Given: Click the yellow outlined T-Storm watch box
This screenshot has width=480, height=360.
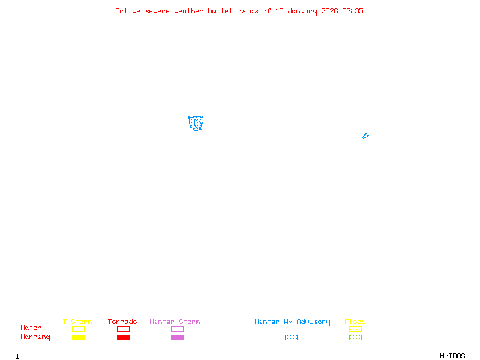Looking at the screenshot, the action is point(78,329).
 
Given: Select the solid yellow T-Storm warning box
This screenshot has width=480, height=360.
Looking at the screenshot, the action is point(78,337).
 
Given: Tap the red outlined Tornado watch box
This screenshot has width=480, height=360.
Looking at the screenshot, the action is point(123,329).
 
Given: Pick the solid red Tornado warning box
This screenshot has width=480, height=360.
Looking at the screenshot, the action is point(123,337).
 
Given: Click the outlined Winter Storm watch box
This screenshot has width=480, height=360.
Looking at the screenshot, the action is point(177,329).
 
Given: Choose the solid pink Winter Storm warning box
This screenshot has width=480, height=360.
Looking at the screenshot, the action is point(177,337).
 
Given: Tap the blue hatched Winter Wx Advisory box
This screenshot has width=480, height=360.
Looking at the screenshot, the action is point(291,337).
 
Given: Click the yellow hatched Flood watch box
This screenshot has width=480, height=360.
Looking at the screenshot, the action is point(355,329).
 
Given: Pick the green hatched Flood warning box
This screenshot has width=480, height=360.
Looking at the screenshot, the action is point(355,337).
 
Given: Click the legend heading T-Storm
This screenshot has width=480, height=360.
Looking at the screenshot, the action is point(77,322).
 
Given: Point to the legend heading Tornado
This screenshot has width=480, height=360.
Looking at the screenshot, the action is point(122,322).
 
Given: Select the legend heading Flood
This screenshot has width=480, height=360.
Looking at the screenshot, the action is point(355,322).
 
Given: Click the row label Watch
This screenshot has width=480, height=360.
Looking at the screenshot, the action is point(31,328).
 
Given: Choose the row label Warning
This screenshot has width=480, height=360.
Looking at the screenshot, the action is point(35,337).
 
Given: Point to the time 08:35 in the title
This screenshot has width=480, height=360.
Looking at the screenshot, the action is point(353,11).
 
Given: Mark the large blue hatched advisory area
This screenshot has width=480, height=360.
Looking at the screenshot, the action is point(196,124).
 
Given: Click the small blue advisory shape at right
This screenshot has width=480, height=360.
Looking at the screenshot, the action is point(365,136).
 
